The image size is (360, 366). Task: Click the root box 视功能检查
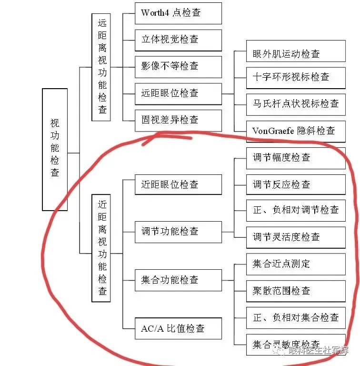(x=55, y=149)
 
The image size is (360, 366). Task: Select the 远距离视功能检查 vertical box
(x=101, y=67)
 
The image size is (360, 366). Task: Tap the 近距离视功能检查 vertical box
(x=101, y=248)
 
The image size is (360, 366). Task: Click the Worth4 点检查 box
(x=178, y=13)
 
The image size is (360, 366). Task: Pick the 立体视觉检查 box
(x=178, y=40)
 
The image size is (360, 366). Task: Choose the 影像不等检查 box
(x=178, y=66)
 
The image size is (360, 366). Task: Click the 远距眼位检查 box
(x=178, y=93)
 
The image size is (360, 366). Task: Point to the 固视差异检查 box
(x=178, y=120)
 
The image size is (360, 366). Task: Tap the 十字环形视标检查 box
(x=296, y=77)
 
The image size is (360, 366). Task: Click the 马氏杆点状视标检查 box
(x=296, y=103)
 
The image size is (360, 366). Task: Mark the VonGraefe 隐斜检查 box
(x=296, y=131)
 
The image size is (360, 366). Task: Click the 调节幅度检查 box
(x=296, y=158)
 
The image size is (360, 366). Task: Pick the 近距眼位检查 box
(x=178, y=184)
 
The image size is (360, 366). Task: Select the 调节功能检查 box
(x=178, y=232)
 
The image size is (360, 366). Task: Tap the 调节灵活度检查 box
(x=296, y=237)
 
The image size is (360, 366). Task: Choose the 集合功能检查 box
(x=178, y=280)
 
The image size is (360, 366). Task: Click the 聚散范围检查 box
(x=296, y=291)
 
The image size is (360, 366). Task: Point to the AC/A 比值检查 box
(x=178, y=329)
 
